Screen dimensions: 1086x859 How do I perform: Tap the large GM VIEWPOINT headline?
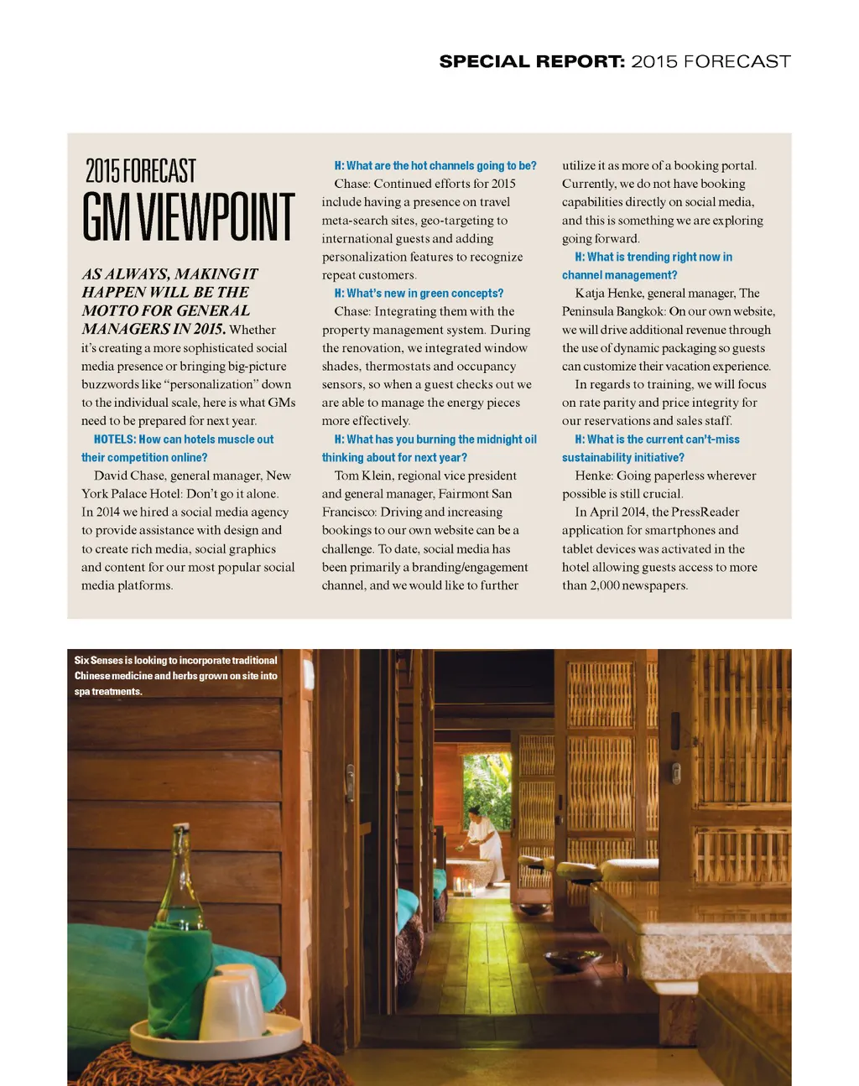click(189, 217)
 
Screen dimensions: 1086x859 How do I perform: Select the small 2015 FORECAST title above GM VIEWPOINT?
click(141, 171)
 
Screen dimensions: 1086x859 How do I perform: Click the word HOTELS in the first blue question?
click(114, 439)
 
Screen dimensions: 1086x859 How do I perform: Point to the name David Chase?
click(129, 475)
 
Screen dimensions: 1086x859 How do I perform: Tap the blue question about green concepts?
click(419, 294)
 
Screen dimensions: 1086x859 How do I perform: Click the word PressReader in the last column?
click(705, 512)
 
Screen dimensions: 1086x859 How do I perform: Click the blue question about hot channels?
click(435, 166)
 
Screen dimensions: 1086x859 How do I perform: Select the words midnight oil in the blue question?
click(501, 439)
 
